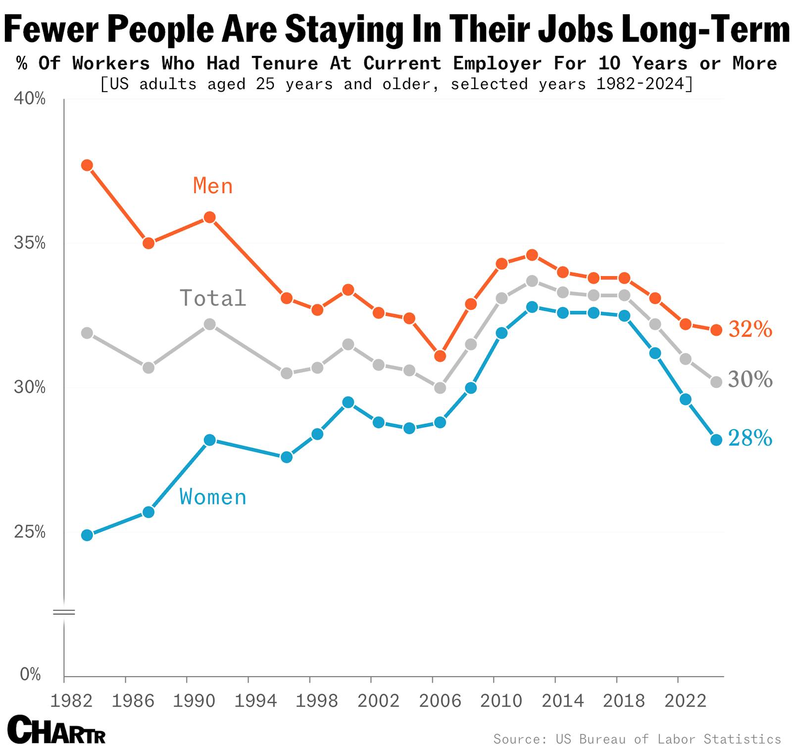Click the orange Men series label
(213, 186)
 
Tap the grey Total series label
(213, 298)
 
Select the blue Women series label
(213, 497)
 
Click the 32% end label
(750, 330)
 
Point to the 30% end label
(750, 380)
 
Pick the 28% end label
(750, 439)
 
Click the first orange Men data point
(87, 165)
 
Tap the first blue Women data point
(87, 535)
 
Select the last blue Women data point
(716, 440)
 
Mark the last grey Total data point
(716, 382)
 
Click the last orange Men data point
(716, 330)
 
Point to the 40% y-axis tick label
(30, 100)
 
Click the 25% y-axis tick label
(30, 532)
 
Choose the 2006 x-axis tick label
(440, 701)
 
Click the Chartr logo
(57, 730)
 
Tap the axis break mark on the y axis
(64, 613)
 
